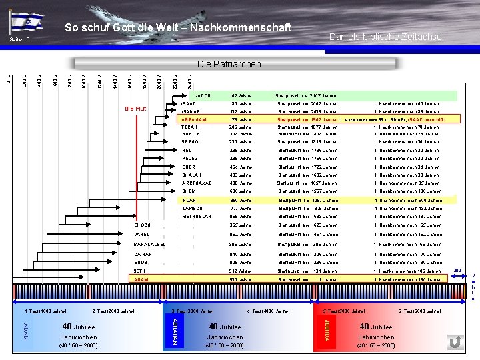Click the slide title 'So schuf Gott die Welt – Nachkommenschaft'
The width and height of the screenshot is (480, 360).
pyautogui.click(x=178, y=27)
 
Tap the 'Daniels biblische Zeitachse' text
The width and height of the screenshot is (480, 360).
pyautogui.click(x=385, y=37)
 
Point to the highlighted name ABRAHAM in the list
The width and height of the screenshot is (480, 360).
pyautogui.click(x=193, y=119)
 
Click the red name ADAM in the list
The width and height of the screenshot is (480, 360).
pyautogui.click(x=141, y=280)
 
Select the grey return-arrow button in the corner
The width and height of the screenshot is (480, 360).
pyautogui.click(x=455, y=342)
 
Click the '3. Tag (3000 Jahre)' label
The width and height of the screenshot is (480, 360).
pyautogui.click(x=193, y=311)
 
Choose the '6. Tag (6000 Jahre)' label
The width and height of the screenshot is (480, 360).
pyautogui.click(x=419, y=311)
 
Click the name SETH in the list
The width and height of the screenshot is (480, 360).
pyautogui.click(x=139, y=271)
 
